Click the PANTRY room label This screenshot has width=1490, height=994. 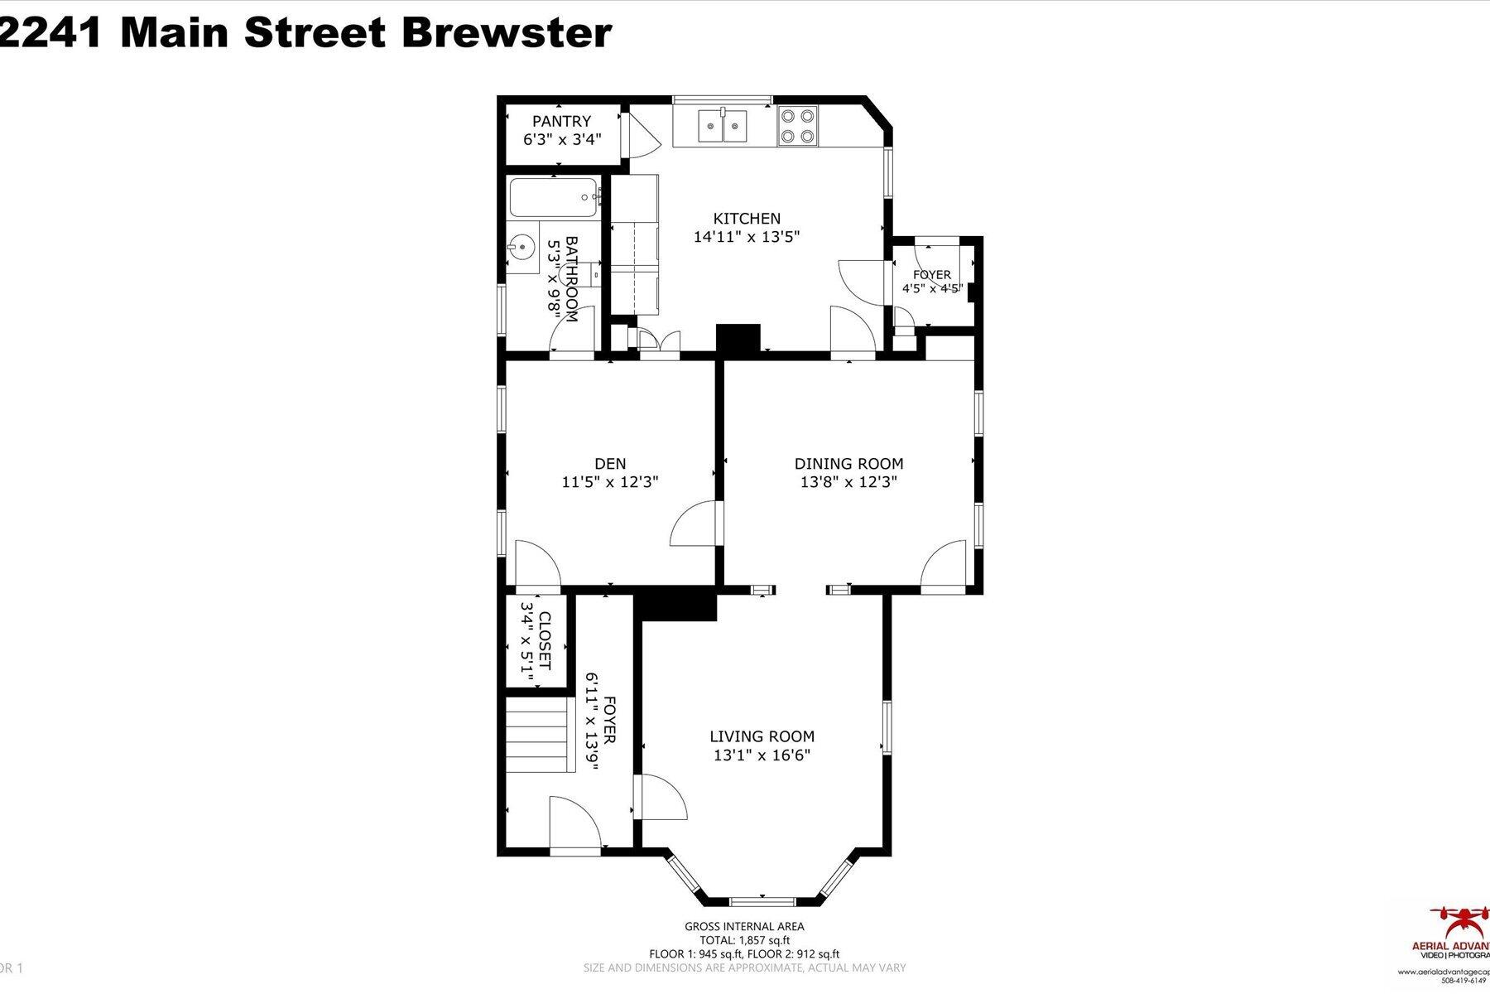(x=561, y=121)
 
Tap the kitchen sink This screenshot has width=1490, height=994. (x=723, y=127)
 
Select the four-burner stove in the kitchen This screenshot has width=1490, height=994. (x=797, y=127)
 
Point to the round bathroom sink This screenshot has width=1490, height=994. (x=521, y=246)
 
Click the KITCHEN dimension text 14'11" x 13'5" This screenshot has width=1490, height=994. (x=747, y=237)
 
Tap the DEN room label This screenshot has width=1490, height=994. (x=610, y=464)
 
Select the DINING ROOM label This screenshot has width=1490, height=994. (x=848, y=464)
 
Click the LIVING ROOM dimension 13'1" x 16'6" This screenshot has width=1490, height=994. (x=762, y=755)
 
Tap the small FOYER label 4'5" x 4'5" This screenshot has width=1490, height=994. (x=932, y=282)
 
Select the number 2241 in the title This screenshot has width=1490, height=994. (x=52, y=33)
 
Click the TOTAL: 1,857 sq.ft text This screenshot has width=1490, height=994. (x=744, y=940)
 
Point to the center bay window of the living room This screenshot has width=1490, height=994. (x=762, y=900)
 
